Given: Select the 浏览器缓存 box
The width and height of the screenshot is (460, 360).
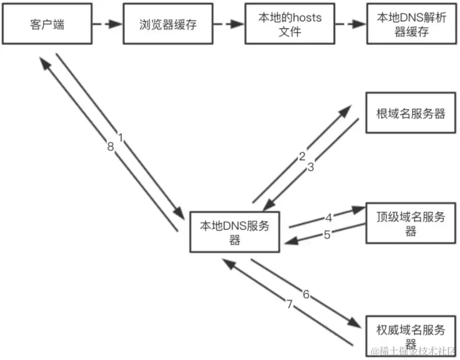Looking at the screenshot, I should point(168,25).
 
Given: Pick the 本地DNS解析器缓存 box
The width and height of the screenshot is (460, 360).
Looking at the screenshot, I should point(410,25).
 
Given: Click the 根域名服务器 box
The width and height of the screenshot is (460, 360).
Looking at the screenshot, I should point(410,114).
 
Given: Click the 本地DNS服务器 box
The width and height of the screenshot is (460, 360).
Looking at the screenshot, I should point(234,232).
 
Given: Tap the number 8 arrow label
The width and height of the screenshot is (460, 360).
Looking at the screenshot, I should point(111,147).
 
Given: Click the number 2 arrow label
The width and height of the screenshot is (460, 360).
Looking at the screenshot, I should point(302,157).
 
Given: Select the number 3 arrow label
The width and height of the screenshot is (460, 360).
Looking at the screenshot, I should point(311,168).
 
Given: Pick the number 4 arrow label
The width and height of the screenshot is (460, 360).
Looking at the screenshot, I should point(328,217).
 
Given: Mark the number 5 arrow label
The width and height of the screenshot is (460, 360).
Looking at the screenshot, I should point(327,235).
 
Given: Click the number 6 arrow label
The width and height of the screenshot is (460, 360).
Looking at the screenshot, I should point(306,294).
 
